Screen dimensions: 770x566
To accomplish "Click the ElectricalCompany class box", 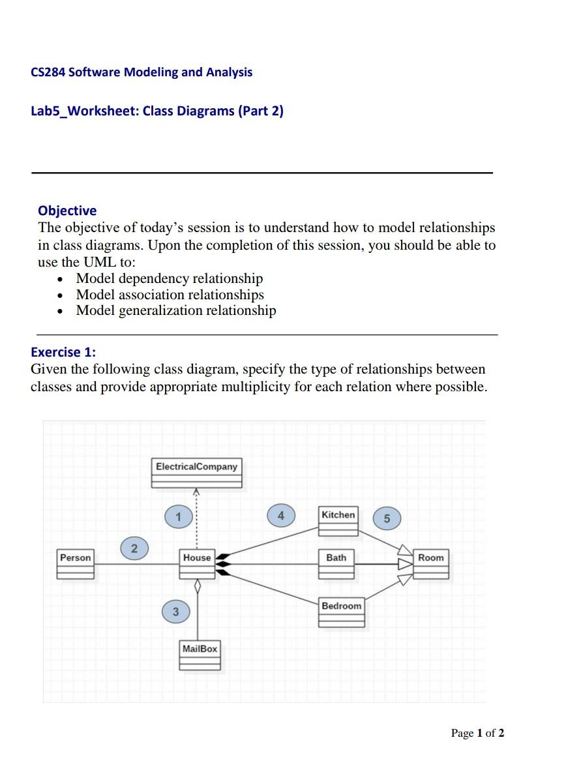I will point(197,473).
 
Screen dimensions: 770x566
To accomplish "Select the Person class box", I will point(76,564).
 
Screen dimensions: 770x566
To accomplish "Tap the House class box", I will point(197,564).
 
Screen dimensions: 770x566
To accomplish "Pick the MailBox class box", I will point(200,655).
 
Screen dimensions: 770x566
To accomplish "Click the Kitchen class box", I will point(338,521).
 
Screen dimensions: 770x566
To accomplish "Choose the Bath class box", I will point(336,564).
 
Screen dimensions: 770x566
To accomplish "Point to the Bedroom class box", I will point(341,612).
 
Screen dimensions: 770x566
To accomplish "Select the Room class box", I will point(431,564).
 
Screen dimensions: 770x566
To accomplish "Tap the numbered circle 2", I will point(134,548).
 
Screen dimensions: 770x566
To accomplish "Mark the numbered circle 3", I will point(175,612).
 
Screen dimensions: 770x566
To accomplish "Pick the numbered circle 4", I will point(281,515).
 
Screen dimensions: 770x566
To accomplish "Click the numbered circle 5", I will point(387,518).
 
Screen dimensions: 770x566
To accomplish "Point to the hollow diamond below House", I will point(198,587).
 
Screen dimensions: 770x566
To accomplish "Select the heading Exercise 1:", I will point(63,352).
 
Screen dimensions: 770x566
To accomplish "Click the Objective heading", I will point(67,211).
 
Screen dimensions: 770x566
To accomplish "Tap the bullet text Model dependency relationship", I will point(170,278).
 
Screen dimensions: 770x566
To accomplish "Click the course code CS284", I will point(48,72).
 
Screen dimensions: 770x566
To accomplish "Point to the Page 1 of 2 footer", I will point(477,733).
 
